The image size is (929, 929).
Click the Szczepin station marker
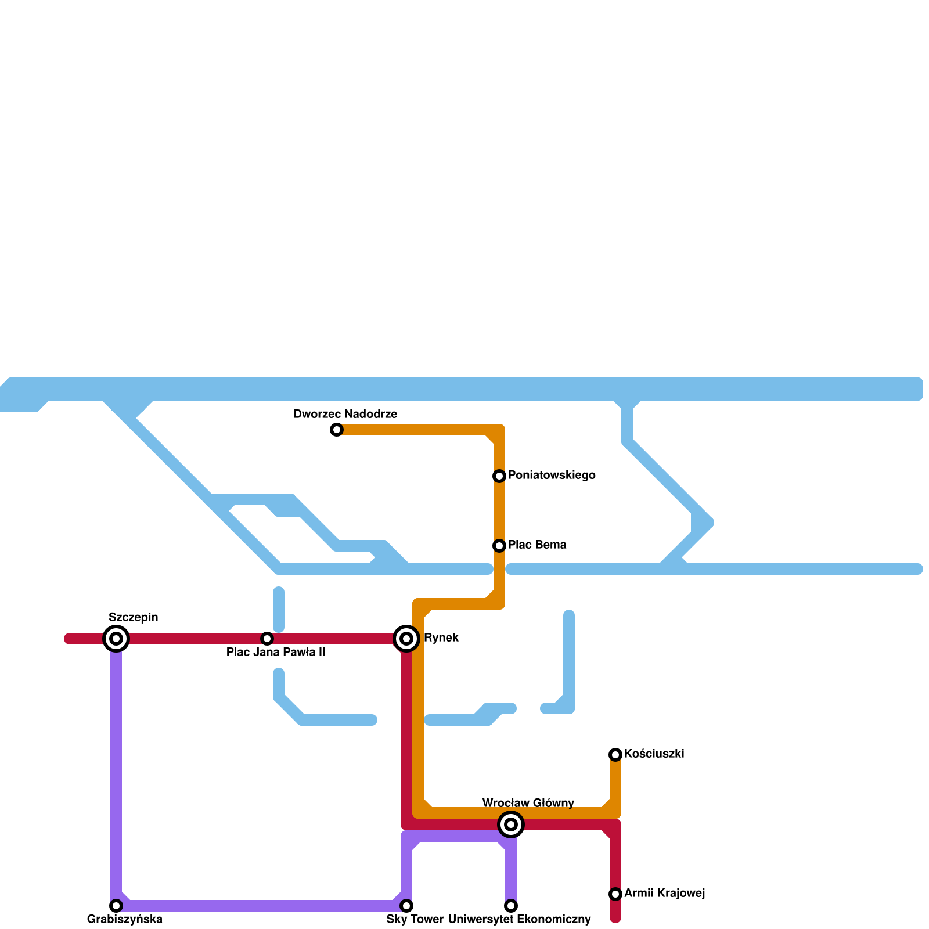116,639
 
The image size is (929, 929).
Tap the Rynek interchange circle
406,639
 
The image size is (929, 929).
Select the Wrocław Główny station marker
511,824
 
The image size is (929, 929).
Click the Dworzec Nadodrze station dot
337,430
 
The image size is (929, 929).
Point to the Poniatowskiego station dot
499,476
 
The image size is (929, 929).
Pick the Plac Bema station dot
499,546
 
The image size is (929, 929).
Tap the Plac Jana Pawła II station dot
267,639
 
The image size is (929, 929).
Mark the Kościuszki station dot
615,755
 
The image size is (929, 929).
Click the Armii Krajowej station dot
615,894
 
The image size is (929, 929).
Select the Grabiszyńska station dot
116,906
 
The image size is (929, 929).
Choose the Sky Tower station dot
406,906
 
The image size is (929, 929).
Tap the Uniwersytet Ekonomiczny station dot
511,906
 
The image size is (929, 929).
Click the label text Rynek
441,638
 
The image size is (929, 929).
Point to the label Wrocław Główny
528,804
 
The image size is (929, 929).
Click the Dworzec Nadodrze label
345,415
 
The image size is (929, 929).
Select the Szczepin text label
133,618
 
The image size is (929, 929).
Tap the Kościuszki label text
654,754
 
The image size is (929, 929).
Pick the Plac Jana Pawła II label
276,653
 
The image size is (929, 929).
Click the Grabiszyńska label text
124,920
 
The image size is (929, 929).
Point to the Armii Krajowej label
664,894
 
